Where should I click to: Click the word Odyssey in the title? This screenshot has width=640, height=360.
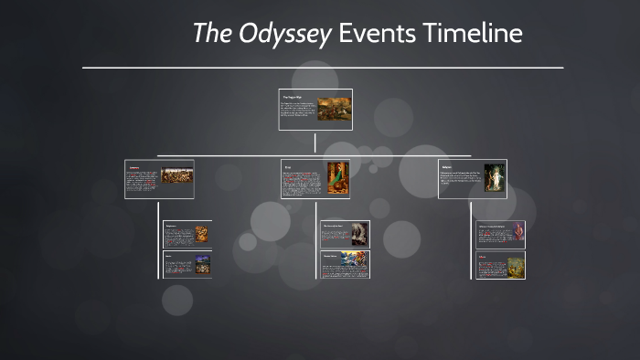[x=286, y=34]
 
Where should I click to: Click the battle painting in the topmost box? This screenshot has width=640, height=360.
[x=334, y=109]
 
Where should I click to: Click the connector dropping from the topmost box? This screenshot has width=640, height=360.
[x=315, y=143]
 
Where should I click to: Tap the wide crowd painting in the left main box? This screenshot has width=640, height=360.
[x=176, y=175]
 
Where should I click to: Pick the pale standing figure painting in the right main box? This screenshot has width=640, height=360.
[x=495, y=177]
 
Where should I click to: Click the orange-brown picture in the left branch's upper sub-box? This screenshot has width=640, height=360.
[x=201, y=234]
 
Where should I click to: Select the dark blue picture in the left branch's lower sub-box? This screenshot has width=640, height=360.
[x=201, y=263]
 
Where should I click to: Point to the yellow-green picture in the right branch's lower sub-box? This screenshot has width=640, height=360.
[x=517, y=264]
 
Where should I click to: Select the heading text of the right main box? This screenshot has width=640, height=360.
[x=447, y=167]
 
